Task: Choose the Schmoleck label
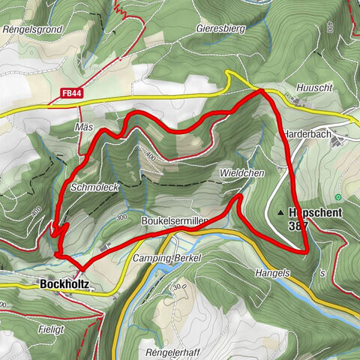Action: pos(94,187)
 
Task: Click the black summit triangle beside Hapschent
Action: pos(280,212)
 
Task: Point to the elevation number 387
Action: pos(298,225)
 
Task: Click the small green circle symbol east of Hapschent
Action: pos(339,197)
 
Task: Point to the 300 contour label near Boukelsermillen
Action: pos(121,217)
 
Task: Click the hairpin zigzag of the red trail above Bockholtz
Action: pos(60,228)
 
